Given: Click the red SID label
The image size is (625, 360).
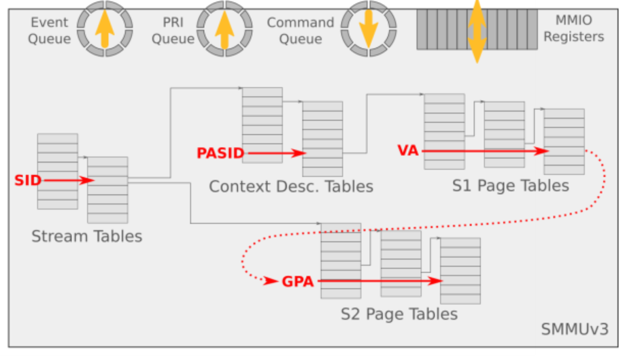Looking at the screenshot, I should [27, 180].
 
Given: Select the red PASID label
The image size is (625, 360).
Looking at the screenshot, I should [220, 154].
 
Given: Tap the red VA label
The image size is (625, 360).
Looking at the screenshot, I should [408, 151].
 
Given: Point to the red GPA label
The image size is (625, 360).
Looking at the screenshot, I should [298, 280].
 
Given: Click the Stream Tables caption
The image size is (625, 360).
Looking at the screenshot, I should [86, 237].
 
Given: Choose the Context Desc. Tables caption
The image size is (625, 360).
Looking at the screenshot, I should [291, 186].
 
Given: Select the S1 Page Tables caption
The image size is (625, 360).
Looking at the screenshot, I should [510, 186].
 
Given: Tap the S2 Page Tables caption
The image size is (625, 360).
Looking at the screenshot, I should [399, 314].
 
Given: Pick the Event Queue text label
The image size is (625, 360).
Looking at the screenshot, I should [50, 31].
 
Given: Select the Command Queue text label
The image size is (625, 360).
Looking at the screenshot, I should [300, 31].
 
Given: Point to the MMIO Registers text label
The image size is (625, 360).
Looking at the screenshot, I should [573, 31].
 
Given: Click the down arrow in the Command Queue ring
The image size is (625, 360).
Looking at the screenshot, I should [368, 29].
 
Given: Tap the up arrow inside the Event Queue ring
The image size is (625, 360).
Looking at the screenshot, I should [104, 29].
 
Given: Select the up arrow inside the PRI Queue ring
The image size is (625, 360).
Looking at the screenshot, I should [224, 29].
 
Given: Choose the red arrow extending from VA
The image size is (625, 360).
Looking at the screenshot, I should [486, 151].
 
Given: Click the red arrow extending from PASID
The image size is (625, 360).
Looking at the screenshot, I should [275, 154].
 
